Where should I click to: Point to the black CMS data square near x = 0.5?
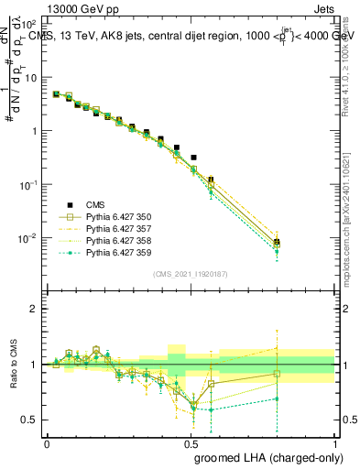(193, 158)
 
